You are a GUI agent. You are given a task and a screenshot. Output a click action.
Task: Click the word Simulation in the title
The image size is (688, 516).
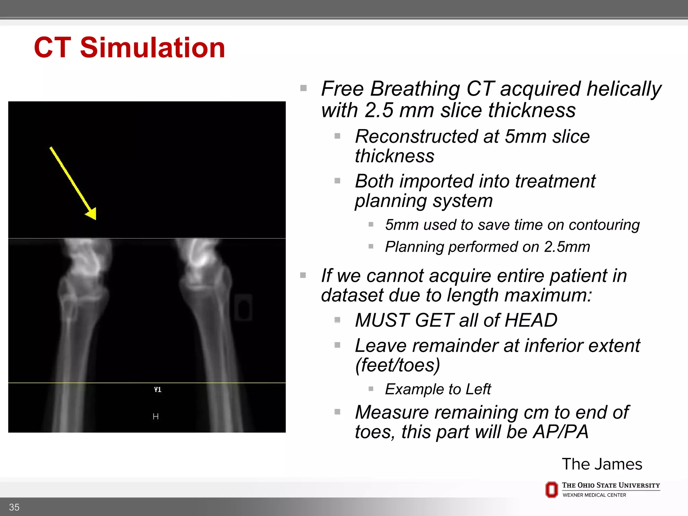coord(153,48)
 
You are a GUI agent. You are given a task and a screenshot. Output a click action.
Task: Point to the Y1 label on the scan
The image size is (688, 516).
coord(158,390)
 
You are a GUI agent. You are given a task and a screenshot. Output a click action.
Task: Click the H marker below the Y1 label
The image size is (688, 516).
coord(156,417)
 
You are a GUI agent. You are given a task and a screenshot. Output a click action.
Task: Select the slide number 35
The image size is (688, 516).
coord(14,507)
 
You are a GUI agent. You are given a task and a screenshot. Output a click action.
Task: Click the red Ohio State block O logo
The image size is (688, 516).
coord(552,490)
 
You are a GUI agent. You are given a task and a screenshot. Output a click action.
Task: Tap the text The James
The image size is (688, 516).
coord(602,464)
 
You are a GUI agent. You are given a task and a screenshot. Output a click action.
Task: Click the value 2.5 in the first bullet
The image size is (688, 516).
coord(379,111)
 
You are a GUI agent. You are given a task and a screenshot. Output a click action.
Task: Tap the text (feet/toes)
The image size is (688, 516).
coord(397,365)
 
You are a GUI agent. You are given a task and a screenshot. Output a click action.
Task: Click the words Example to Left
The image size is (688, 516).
coord(438,389)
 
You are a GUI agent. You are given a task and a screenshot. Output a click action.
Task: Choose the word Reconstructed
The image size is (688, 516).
coord(417,137)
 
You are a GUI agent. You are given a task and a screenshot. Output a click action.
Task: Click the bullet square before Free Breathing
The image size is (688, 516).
coord(303,88)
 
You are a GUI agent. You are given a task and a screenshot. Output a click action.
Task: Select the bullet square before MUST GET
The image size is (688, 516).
coord(338,320)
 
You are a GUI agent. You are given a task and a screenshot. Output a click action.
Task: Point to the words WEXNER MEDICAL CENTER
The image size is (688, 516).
coord(594,495)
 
